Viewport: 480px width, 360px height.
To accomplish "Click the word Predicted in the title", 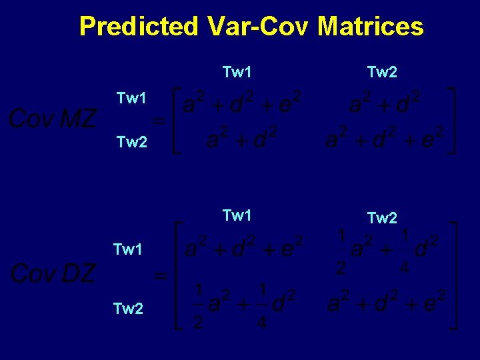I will pos(139,27).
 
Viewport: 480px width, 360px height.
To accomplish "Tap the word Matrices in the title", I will pos(370,27).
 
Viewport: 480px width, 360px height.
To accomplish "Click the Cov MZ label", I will pos(52,119).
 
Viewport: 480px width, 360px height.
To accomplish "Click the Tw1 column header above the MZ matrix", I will pos(237,72).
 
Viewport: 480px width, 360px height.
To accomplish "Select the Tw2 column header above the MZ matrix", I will pos(382,72).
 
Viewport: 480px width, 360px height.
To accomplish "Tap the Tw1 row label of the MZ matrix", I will pos(131,99).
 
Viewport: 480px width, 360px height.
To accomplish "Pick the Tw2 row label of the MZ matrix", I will pos(131,141).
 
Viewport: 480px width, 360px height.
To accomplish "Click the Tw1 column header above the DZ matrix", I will pos(237,215).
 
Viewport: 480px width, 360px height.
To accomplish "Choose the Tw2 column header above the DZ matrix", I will pos(382,218).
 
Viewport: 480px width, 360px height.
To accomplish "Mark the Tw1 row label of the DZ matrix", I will pos(129,250).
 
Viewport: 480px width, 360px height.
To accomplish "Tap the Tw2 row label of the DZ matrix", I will pos(129,309).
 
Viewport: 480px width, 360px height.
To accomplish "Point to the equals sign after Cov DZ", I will pos(160,275).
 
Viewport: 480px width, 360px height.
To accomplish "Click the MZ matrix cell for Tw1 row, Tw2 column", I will pos(383,103).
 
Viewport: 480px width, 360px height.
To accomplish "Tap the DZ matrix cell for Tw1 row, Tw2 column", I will pos(383,251).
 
